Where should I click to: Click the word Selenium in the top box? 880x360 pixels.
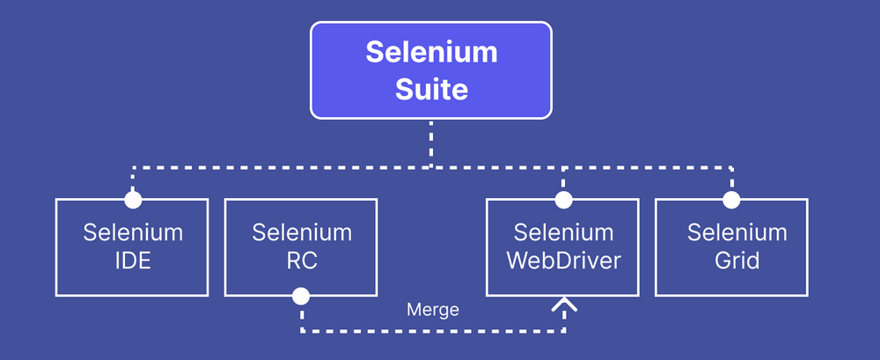tap(431, 52)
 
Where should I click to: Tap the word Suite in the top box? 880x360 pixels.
tap(431, 89)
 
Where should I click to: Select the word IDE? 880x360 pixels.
tap(133, 261)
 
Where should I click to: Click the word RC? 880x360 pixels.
tap(301, 261)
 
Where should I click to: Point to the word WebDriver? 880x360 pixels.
tap(563, 261)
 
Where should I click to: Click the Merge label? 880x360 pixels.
tap(433, 310)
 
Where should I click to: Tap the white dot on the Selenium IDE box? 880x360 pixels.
tap(133, 200)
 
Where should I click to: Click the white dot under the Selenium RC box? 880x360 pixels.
tap(301, 295)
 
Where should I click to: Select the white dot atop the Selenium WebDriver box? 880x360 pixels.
tap(563, 200)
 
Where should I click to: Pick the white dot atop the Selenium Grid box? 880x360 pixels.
tap(730, 200)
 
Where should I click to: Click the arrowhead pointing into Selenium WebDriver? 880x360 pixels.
tap(563, 305)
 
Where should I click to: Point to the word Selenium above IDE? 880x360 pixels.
tap(133, 233)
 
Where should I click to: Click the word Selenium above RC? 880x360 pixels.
tap(301, 233)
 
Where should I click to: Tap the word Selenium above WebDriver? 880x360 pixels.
tap(563, 233)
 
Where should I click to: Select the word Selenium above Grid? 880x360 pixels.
tap(737, 233)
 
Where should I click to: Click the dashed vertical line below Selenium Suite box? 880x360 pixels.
tap(431, 141)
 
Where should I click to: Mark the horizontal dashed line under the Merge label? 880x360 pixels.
tap(433, 331)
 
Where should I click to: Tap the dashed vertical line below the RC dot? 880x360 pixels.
tap(301, 317)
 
